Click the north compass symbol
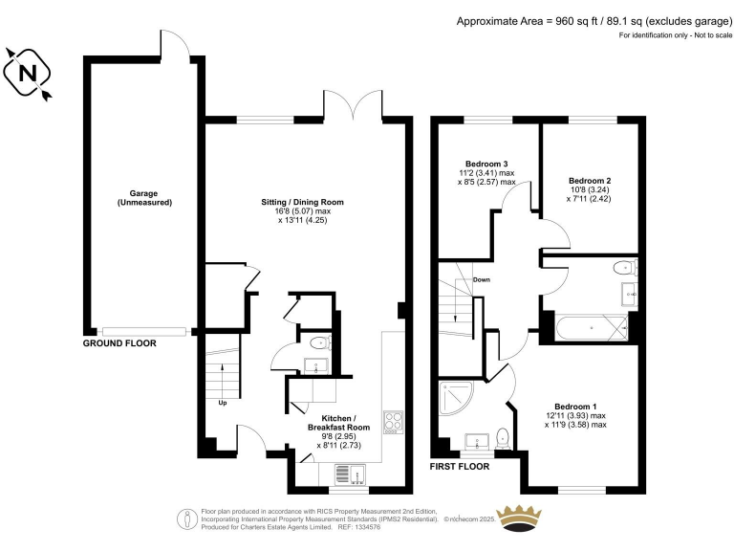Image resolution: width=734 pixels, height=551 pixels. click(28, 73)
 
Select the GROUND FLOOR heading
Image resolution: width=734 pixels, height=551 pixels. click(119, 342)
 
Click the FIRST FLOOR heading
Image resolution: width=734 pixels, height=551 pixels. click(460, 467)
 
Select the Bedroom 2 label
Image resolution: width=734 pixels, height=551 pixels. click(589, 181)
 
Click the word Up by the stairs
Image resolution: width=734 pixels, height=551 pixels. click(223, 402)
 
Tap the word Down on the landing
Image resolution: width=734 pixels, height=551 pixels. click(481, 280)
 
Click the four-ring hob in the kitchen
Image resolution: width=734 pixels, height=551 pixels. click(393, 423)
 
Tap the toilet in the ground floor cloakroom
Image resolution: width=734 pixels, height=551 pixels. click(318, 342)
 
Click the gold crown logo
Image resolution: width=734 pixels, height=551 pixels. click(522, 518)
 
